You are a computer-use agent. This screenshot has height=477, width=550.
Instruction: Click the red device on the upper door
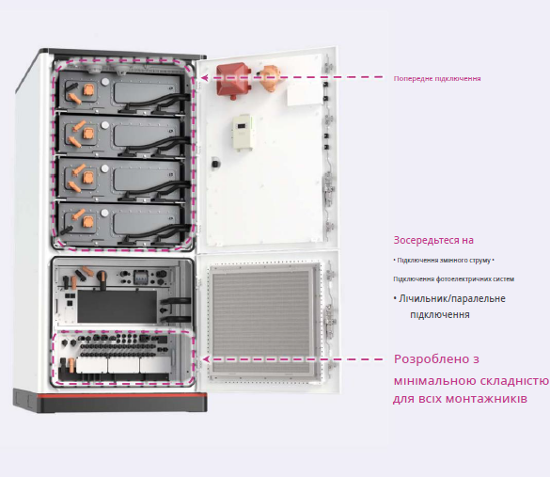(x=233, y=80)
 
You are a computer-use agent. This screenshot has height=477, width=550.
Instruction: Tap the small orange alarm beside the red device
(x=269, y=78)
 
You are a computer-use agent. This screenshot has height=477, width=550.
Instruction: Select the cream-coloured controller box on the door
(x=243, y=133)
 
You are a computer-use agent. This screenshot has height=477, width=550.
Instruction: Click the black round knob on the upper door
(x=215, y=164)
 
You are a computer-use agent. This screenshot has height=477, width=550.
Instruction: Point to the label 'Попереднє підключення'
(x=437, y=79)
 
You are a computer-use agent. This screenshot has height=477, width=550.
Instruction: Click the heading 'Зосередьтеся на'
(x=433, y=240)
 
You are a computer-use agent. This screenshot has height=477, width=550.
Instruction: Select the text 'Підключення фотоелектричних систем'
(x=453, y=279)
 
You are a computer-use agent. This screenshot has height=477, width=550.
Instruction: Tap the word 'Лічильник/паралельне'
(x=452, y=298)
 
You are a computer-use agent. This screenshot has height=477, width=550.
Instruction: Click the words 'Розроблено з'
(x=436, y=359)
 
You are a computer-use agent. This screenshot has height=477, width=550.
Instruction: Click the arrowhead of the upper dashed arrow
(x=205, y=78)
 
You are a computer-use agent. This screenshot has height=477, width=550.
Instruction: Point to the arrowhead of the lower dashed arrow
(x=206, y=359)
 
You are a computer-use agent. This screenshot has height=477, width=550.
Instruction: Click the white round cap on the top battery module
(x=105, y=82)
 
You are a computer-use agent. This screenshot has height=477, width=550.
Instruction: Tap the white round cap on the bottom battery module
(x=104, y=213)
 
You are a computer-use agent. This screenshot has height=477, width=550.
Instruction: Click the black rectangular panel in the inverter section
(x=118, y=306)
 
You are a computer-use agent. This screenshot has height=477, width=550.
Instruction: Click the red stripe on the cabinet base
(x=111, y=396)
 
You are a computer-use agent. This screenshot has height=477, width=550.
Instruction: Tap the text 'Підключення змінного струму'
(x=444, y=261)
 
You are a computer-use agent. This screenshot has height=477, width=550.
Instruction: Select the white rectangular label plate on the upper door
(x=305, y=95)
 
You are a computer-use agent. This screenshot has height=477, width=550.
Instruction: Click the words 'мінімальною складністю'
(x=471, y=381)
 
